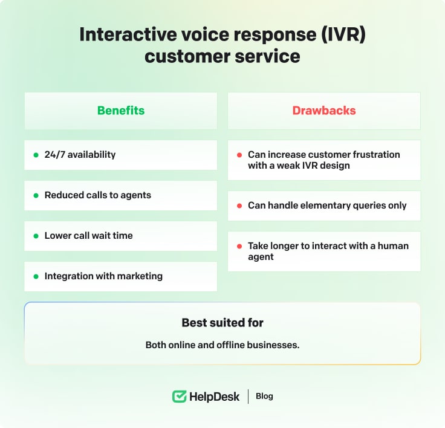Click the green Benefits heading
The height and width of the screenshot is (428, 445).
coord(121,111)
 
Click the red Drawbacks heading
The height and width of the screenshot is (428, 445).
coord(324,111)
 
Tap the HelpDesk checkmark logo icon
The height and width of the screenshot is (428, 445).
coord(179,397)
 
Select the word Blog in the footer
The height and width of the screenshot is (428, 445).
coord(264,397)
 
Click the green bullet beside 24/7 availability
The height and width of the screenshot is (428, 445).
coord(36,155)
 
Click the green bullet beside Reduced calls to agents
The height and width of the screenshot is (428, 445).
coord(36,195)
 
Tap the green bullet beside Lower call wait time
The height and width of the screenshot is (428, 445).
coord(36,236)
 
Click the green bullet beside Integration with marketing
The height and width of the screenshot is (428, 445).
coord(36,276)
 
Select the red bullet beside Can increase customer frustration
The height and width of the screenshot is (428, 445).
coord(239,155)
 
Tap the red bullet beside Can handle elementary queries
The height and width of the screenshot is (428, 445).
coord(239,206)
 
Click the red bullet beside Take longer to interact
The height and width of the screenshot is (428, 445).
coord(239,247)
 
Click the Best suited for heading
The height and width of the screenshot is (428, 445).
coord(223,323)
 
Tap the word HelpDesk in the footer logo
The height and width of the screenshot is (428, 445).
coord(214,397)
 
